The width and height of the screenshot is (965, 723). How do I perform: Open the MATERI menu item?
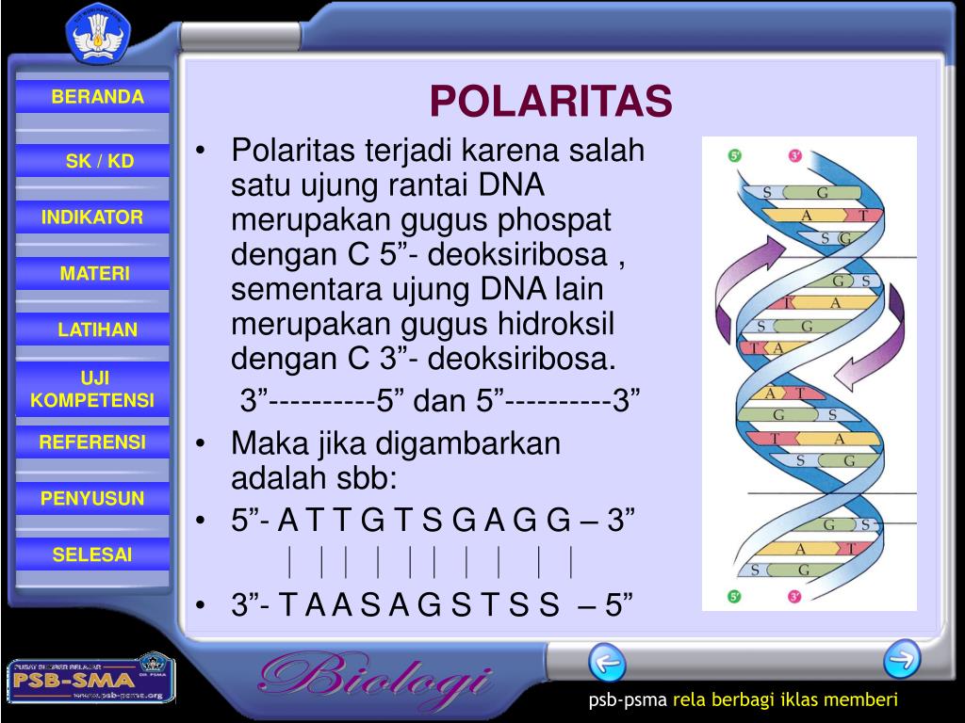95,274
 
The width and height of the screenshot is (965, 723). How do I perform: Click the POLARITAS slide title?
551,103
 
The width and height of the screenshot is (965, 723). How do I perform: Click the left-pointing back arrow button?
607,662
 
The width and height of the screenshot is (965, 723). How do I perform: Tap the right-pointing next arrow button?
901,658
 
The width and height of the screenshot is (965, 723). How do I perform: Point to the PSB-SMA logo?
90,679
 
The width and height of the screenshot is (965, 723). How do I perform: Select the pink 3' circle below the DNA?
794,596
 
